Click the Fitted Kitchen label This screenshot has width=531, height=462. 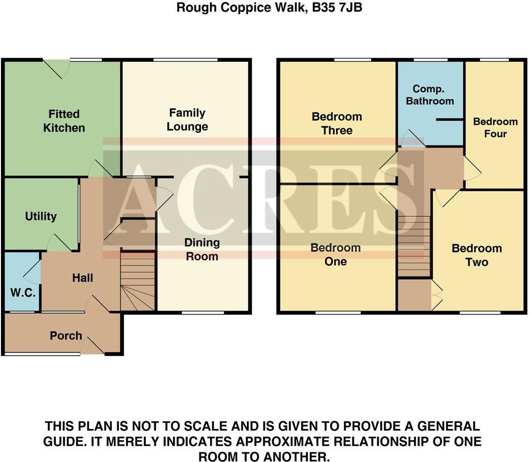click(x=64, y=121)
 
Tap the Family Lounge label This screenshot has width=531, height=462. click(x=187, y=120)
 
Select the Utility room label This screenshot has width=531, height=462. click(x=41, y=216)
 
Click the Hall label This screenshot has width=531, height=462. click(x=83, y=278)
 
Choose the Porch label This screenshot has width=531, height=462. click(x=66, y=335)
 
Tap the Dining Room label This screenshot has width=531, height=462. click(x=202, y=249)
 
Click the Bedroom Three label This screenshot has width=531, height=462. click(x=337, y=124)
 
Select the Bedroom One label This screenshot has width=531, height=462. click(x=336, y=254)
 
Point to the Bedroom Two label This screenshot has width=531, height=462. click(x=477, y=255)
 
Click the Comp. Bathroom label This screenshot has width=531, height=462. click(x=430, y=95)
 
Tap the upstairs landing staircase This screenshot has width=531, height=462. click(x=414, y=246)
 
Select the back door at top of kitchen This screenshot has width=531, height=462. click(x=56, y=68)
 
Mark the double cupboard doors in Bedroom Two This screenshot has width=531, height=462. click(x=436, y=295)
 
